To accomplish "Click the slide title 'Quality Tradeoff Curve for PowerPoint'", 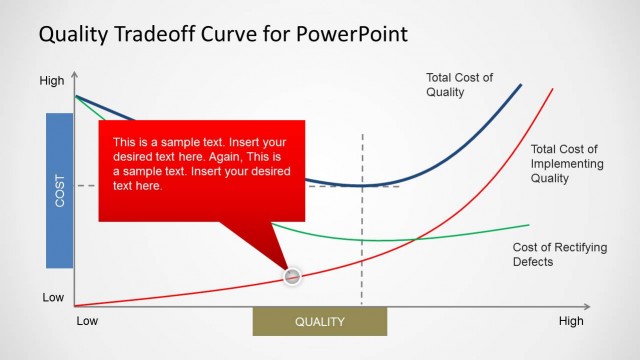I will tap(223, 35).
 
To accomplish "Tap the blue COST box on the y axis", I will tap(60, 190).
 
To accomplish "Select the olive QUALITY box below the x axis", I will tap(319, 322).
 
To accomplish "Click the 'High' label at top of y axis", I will tap(51, 81).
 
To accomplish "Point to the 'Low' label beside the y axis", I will tap(52, 298).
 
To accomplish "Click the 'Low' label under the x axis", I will tap(88, 321).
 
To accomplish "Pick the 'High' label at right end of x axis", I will tap(571, 321).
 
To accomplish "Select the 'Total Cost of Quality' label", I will tap(460, 85).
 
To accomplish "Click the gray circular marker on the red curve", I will tap(292, 276).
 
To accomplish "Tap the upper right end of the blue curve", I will tap(521, 85).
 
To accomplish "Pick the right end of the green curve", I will tap(529, 224).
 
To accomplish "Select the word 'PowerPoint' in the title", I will tap(351, 35).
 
